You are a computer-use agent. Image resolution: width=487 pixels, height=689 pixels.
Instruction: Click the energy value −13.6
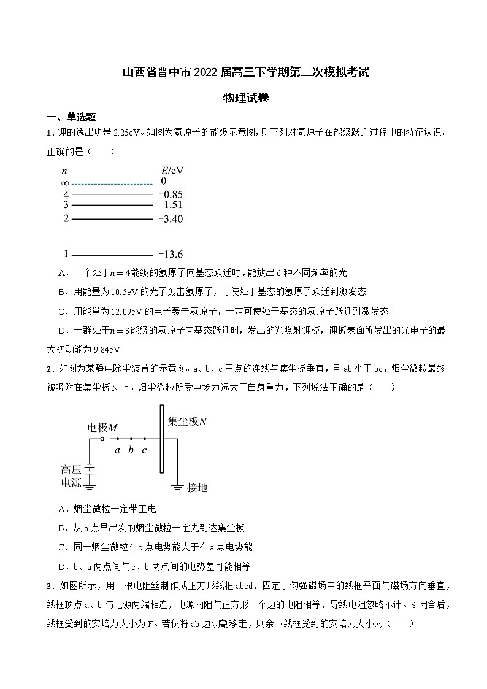tap(171, 254)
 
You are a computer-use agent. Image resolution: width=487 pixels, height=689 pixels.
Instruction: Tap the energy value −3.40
tap(171, 219)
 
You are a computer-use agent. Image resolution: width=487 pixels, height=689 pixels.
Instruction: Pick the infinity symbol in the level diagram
tap(65, 183)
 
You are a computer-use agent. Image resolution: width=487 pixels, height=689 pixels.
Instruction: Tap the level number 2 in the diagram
tap(66, 218)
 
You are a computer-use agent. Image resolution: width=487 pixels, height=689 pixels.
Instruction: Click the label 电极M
tap(103, 427)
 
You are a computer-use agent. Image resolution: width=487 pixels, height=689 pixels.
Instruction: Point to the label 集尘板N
tap(188, 421)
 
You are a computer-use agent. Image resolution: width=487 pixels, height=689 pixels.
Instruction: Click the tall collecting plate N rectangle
tap(161, 439)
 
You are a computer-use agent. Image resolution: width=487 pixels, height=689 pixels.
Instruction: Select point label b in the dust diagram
tap(131, 450)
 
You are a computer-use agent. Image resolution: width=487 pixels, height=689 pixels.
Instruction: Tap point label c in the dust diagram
tap(144, 450)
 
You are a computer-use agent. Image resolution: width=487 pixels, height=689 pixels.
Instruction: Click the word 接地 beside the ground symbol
tap(197, 487)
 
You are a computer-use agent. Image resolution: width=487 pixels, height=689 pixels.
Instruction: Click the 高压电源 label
tap(71, 476)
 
